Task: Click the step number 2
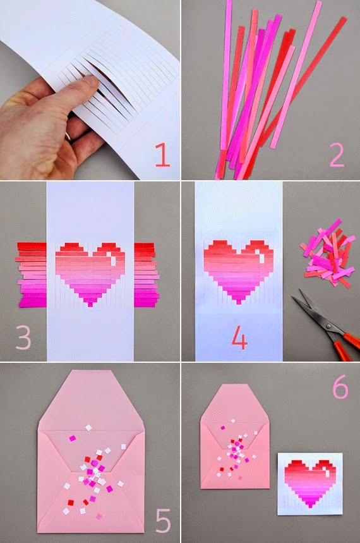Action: pos(337,154)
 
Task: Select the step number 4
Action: pos(239,338)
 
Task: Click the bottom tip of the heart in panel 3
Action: pos(90,305)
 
